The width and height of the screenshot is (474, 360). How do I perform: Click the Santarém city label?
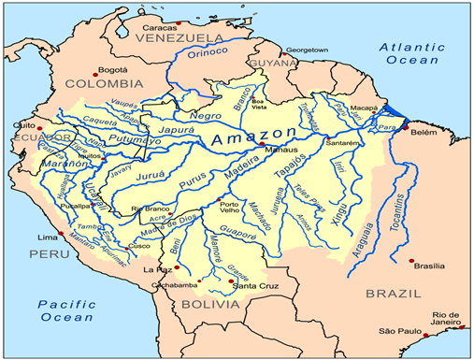(x=343, y=143)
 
